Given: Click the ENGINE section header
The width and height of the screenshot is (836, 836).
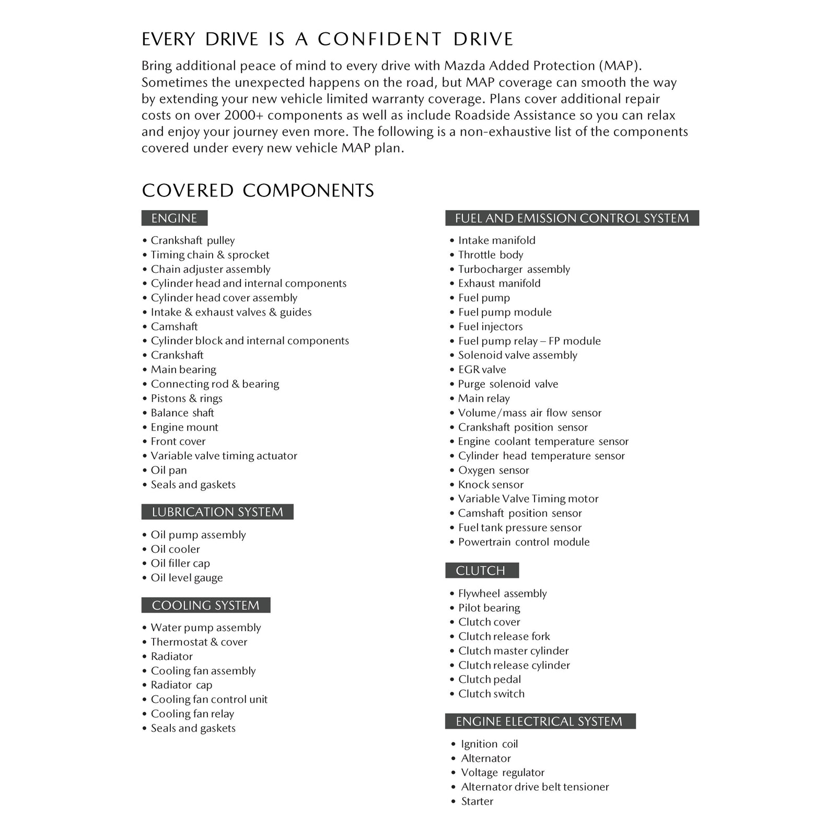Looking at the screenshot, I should (x=174, y=218).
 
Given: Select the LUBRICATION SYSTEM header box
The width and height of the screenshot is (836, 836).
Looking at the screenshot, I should (x=217, y=512).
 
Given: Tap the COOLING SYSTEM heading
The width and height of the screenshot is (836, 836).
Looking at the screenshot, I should (x=206, y=605).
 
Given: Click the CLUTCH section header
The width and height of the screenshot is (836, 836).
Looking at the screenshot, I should (x=481, y=571).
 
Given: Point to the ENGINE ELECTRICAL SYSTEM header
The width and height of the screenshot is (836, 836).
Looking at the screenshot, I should (x=540, y=722).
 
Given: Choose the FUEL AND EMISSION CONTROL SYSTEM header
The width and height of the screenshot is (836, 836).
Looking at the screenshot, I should (x=572, y=218).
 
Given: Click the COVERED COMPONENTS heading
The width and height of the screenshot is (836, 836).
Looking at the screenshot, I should (x=258, y=191).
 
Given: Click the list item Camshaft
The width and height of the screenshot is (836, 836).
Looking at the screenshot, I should (x=174, y=327).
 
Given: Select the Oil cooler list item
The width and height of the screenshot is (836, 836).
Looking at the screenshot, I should (x=175, y=549).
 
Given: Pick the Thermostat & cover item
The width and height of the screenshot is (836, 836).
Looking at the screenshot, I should (x=199, y=642).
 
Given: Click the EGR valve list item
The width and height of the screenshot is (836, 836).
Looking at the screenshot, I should (x=482, y=370).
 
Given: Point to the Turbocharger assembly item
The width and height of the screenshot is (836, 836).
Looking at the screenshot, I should (x=514, y=269).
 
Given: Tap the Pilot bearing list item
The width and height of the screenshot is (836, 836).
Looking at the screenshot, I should (x=489, y=608).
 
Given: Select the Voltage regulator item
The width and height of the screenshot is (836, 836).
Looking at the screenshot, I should (x=502, y=773).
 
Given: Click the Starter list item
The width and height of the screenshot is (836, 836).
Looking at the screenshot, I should (x=477, y=802).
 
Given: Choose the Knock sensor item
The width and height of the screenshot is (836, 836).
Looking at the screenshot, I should (x=491, y=485).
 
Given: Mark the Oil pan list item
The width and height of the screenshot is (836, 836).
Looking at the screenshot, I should (x=169, y=470).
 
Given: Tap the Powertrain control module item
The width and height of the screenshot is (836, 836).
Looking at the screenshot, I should (x=524, y=542).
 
